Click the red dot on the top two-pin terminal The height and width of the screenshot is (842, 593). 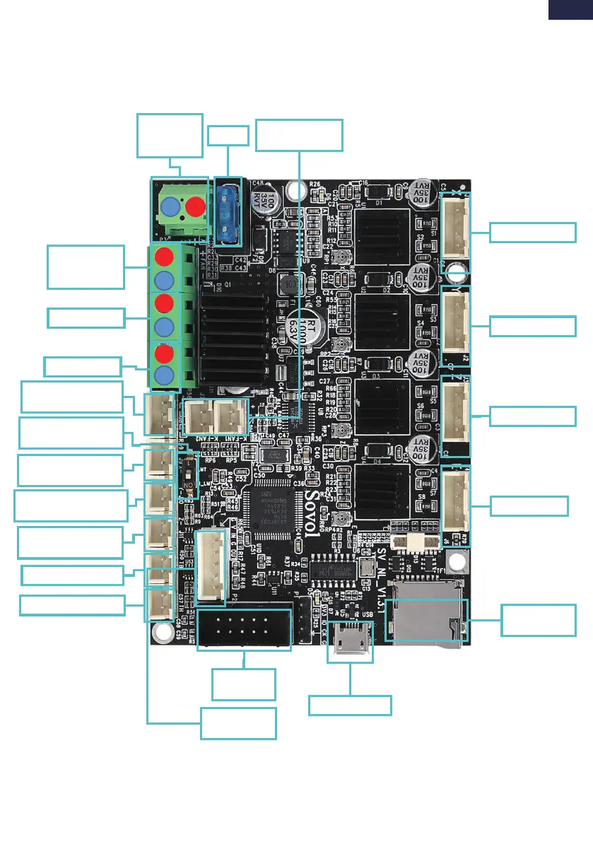tap(196, 207)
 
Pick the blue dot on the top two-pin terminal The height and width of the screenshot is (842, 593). tap(170, 207)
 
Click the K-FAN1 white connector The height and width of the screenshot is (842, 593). tap(230, 417)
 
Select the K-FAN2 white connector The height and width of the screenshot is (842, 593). tap(199, 417)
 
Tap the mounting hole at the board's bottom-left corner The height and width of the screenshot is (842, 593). tap(162, 631)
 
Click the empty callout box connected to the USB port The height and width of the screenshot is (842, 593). tap(350, 705)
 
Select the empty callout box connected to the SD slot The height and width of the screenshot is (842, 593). tap(538, 619)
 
